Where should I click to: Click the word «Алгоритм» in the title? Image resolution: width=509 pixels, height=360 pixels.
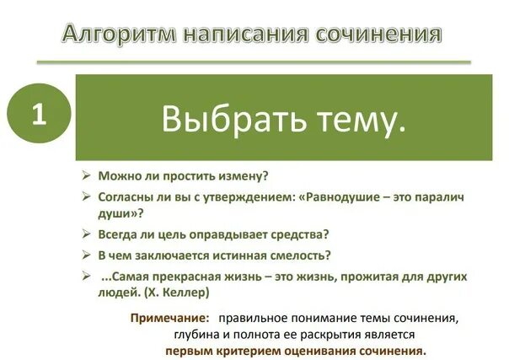[106, 34]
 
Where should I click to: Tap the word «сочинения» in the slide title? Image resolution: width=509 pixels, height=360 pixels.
[378, 34]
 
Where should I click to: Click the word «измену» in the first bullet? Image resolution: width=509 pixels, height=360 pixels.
[241, 176]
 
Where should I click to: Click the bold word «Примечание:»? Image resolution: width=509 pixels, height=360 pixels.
[169, 318]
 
